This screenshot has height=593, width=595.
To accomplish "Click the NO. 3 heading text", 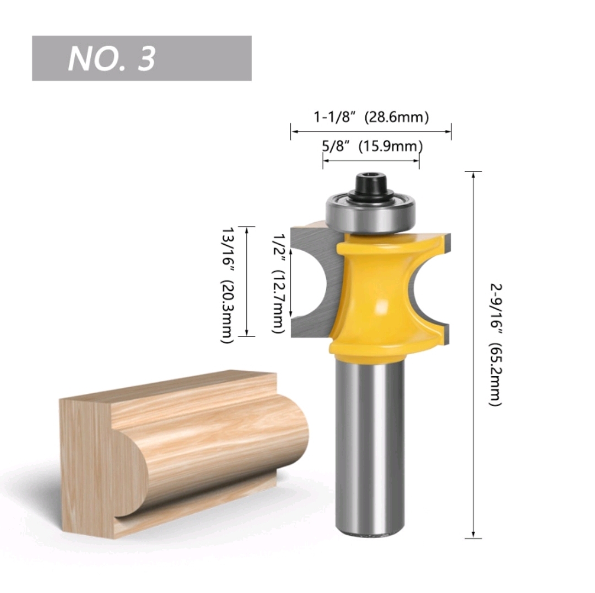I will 112,58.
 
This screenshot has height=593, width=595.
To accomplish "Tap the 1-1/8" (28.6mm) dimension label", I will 371,117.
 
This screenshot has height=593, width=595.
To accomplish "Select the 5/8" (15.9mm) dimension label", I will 372,146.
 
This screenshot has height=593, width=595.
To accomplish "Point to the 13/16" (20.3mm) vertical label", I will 227,285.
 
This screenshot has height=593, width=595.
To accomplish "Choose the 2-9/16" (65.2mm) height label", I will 495,344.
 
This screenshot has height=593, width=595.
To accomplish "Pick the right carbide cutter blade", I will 435,286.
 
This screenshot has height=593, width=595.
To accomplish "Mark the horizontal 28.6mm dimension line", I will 371,131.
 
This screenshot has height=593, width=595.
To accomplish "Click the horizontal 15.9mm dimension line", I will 371,161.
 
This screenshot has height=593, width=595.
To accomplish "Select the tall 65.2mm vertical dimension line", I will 473,355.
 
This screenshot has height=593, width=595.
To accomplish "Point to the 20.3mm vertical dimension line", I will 246,281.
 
